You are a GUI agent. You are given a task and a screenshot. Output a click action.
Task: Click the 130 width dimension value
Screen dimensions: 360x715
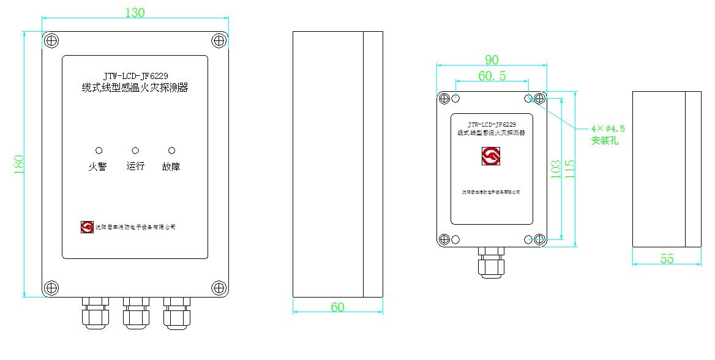tap(135, 12)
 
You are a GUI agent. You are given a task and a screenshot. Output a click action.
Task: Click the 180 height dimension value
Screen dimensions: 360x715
tap(19, 165)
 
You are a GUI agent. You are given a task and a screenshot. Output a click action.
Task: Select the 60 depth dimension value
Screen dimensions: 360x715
tap(337, 307)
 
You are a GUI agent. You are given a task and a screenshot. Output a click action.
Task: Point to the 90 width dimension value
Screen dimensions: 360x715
tap(492, 60)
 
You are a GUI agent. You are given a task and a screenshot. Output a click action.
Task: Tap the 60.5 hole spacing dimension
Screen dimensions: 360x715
tap(492, 75)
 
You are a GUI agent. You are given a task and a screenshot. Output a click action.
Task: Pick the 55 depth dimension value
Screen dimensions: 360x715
tap(667, 259)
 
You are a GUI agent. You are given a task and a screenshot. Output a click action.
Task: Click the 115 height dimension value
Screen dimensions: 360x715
tap(570, 169)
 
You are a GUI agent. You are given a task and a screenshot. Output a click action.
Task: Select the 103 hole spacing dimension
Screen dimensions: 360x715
tap(556, 169)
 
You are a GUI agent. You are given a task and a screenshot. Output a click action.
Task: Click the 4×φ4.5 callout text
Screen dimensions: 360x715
tap(608, 129)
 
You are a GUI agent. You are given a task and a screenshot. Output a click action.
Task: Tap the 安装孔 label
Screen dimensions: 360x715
tap(605, 141)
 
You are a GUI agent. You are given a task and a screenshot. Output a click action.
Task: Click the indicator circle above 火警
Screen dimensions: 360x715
tap(99, 151)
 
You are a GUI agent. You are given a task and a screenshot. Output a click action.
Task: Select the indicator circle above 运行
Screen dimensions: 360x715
tap(135, 151)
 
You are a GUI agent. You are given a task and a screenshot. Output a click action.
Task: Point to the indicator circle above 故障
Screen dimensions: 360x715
tap(171, 151)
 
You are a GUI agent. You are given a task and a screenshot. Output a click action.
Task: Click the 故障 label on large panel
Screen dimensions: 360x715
tap(171, 167)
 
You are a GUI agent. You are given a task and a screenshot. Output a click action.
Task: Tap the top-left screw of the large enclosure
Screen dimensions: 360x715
tap(51, 41)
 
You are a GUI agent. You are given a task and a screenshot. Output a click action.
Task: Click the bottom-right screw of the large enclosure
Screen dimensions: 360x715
tap(219, 287)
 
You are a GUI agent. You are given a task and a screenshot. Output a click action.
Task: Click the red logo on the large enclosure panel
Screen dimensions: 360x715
tap(87, 227)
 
